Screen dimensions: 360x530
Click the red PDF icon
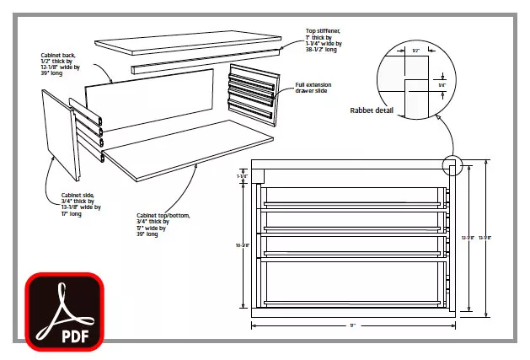(x=62, y=311)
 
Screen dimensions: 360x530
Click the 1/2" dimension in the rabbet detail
(x=416, y=51)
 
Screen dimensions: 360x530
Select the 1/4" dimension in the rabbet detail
(x=441, y=84)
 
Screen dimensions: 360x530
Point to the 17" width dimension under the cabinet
(x=353, y=325)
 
